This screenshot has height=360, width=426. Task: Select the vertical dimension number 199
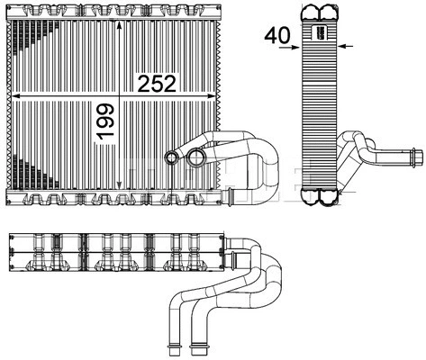point(105,121)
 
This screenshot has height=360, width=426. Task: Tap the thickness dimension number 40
point(277,35)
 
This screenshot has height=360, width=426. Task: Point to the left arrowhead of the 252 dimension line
point(15,96)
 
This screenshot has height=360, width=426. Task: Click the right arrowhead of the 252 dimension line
point(212,96)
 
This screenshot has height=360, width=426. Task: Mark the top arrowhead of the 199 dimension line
point(119,25)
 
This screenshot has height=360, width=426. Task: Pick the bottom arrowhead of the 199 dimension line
point(119,185)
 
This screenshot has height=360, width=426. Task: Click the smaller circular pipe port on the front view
point(172,157)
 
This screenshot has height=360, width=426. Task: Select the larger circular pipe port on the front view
point(196,157)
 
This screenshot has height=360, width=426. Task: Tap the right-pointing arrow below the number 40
point(289,47)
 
